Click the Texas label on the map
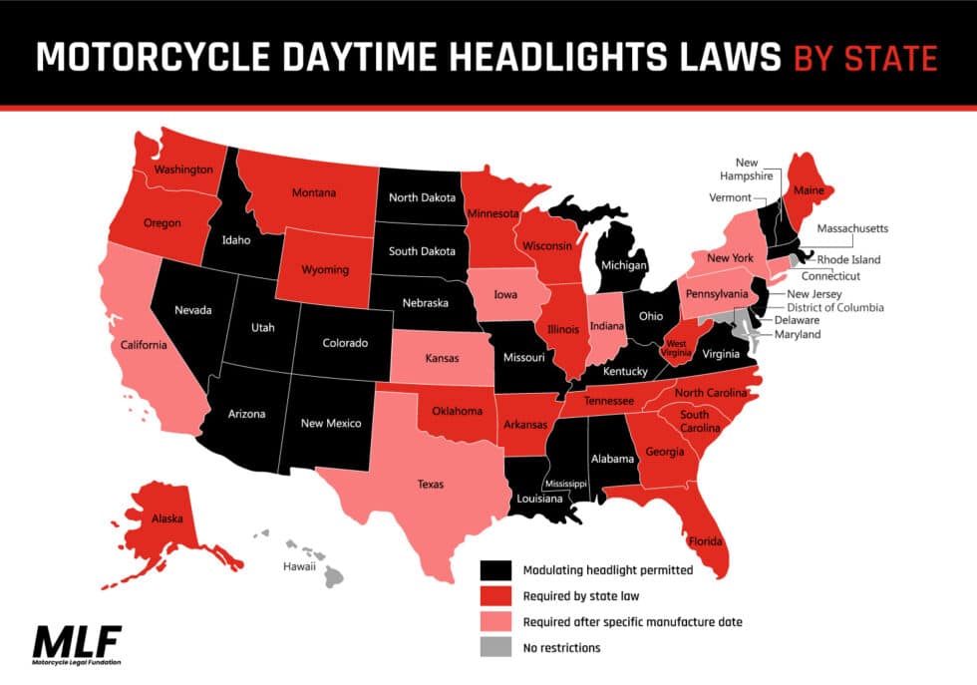pyautogui.click(x=431, y=486)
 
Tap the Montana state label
pyautogui.click(x=314, y=192)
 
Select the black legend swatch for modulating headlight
pyautogui.click(x=494, y=571)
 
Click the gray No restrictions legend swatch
pyautogui.click(x=494, y=649)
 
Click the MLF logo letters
pyautogui.click(x=78, y=637)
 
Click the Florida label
pyautogui.click(x=705, y=543)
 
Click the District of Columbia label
pyautogui.click(x=834, y=308)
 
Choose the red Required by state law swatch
pyautogui.click(x=494, y=597)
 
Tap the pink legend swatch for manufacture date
pyautogui.click(x=494, y=623)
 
